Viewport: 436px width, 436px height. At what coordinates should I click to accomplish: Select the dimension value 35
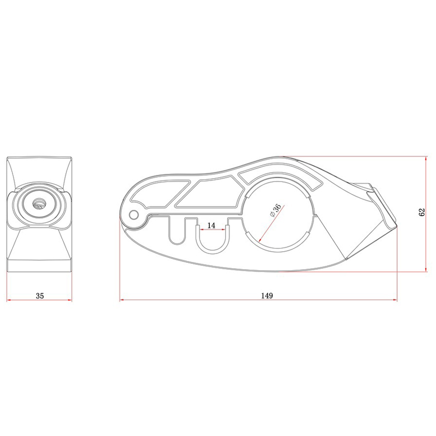coord(39,296)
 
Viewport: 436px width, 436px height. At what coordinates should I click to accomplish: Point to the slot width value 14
coord(211,225)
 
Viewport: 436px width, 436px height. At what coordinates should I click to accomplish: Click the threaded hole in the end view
coord(40,204)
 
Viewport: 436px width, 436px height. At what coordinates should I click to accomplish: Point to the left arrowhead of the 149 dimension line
coord(122,300)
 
